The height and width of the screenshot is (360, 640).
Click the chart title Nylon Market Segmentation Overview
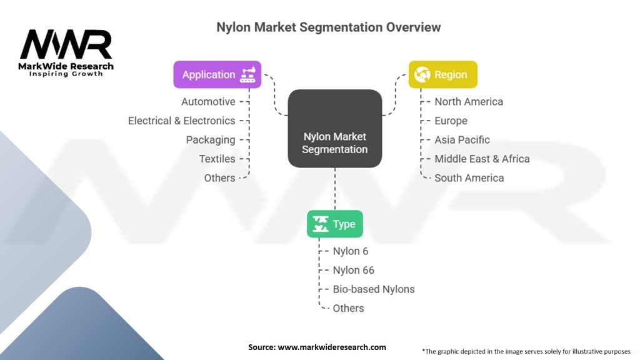[x=328, y=27]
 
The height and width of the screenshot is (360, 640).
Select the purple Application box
[x=217, y=74]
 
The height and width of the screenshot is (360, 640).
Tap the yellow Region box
[x=442, y=74]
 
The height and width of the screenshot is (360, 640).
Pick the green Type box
[x=334, y=224]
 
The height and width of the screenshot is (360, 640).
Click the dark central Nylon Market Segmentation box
[x=334, y=129]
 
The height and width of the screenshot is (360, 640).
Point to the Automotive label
[x=208, y=101]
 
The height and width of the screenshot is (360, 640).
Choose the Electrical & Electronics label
[x=181, y=121]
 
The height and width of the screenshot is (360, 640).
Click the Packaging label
[x=211, y=139]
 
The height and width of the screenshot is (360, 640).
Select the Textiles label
[x=217, y=159]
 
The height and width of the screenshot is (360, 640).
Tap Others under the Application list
[x=219, y=177]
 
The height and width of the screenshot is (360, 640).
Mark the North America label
[x=469, y=101]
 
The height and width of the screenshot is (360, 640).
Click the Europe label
[x=451, y=121]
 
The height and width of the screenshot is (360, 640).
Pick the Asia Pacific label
[x=462, y=139]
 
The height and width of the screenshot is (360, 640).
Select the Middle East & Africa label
[x=482, y=159]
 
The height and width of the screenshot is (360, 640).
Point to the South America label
[x=469, y=177]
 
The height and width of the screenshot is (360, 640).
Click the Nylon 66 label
[x=353, y=270]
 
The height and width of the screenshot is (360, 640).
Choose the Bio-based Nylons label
[x=374, y=289]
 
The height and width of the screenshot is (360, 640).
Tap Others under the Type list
[x=348, y=308]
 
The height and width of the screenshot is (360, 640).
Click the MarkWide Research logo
[x=66, y=52]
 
